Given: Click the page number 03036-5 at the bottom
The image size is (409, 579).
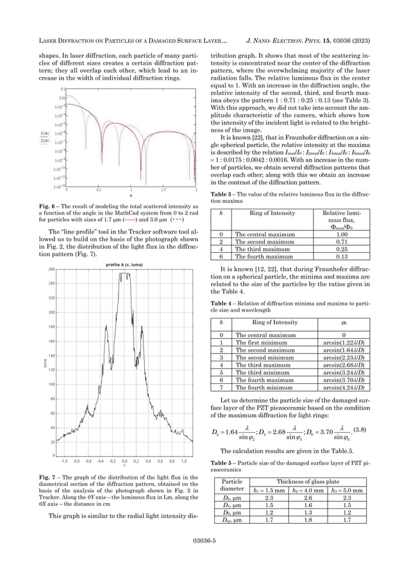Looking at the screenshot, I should pos(204,541).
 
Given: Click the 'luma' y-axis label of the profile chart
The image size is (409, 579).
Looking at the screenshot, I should pos(46,363).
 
